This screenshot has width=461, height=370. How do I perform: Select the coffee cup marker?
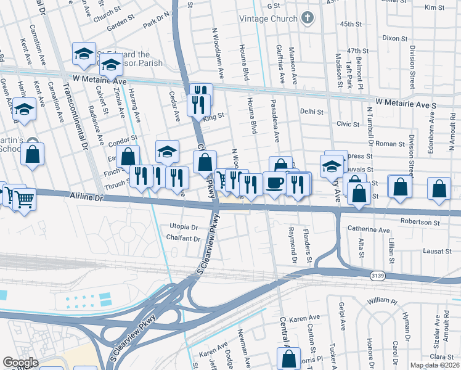[x=274, y=183]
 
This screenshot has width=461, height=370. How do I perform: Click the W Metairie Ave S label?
[x=406, y=105]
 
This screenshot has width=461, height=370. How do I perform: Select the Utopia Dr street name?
[x=183, y=227]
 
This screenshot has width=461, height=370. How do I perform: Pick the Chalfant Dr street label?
[x=180, y=239]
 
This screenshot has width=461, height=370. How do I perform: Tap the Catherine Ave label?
[x=369, y=230]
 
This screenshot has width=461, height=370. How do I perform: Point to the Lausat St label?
[x=438, y=251]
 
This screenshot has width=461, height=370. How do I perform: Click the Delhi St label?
[x=312, y=112]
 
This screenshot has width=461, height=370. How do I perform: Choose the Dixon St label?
[x=394, y=38]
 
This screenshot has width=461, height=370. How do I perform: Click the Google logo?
[x=21, y=363]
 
